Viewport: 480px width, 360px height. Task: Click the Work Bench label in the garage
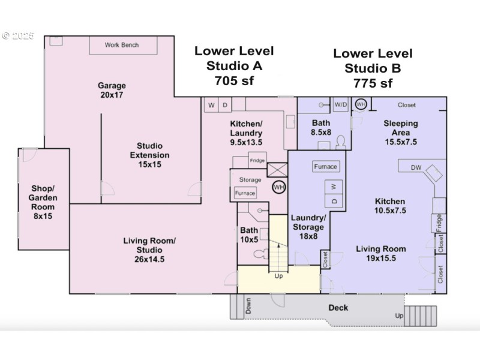click(122, 45)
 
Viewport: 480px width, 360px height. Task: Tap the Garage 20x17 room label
click(112, 91)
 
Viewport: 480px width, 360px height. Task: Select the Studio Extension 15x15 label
click(149, 155)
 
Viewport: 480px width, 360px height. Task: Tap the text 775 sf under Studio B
click(373, 83)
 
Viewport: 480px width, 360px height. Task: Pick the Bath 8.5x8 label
click(321, 127)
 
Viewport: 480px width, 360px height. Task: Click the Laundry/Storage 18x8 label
click(308, 227)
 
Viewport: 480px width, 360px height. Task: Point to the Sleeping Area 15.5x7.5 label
click(400, 133)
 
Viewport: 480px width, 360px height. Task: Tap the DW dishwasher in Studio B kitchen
click(416, 168)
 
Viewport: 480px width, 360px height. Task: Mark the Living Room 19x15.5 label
click(381, 253)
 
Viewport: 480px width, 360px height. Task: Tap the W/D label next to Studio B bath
click(341, 104)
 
